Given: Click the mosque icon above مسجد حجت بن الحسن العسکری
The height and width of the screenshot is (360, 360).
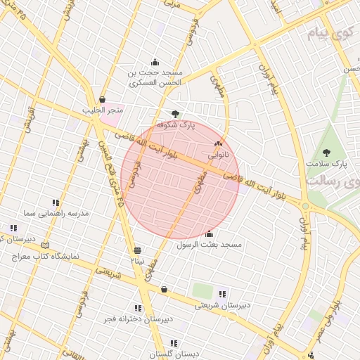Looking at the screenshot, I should coord(155,62).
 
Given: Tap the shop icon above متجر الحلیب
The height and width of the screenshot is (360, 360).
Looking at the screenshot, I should coord(103,99).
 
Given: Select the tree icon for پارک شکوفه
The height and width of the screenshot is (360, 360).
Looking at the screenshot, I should coord(176,113).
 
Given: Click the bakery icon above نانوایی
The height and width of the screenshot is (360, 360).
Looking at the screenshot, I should coord(217,143).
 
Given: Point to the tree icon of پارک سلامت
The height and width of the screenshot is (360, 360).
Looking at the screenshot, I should coord(326,153).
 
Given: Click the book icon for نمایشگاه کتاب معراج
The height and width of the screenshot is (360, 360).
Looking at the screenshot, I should coord(46,245).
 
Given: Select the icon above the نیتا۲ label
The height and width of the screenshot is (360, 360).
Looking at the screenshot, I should coord(137,250).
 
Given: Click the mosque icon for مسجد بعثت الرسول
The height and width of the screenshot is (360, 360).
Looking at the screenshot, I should coord(209,234).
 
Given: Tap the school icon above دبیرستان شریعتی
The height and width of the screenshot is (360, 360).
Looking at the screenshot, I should coord(223,294).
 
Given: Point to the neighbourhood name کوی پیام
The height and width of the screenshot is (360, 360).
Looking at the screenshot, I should coord(330,33).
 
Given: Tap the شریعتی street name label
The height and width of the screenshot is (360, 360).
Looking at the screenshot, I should coord(108,272).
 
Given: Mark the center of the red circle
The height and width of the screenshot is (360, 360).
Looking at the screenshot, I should coord(181,179).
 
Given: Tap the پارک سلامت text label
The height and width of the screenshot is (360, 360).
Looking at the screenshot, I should coord(327,163).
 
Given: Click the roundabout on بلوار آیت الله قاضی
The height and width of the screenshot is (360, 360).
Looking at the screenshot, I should coord(305,206).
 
